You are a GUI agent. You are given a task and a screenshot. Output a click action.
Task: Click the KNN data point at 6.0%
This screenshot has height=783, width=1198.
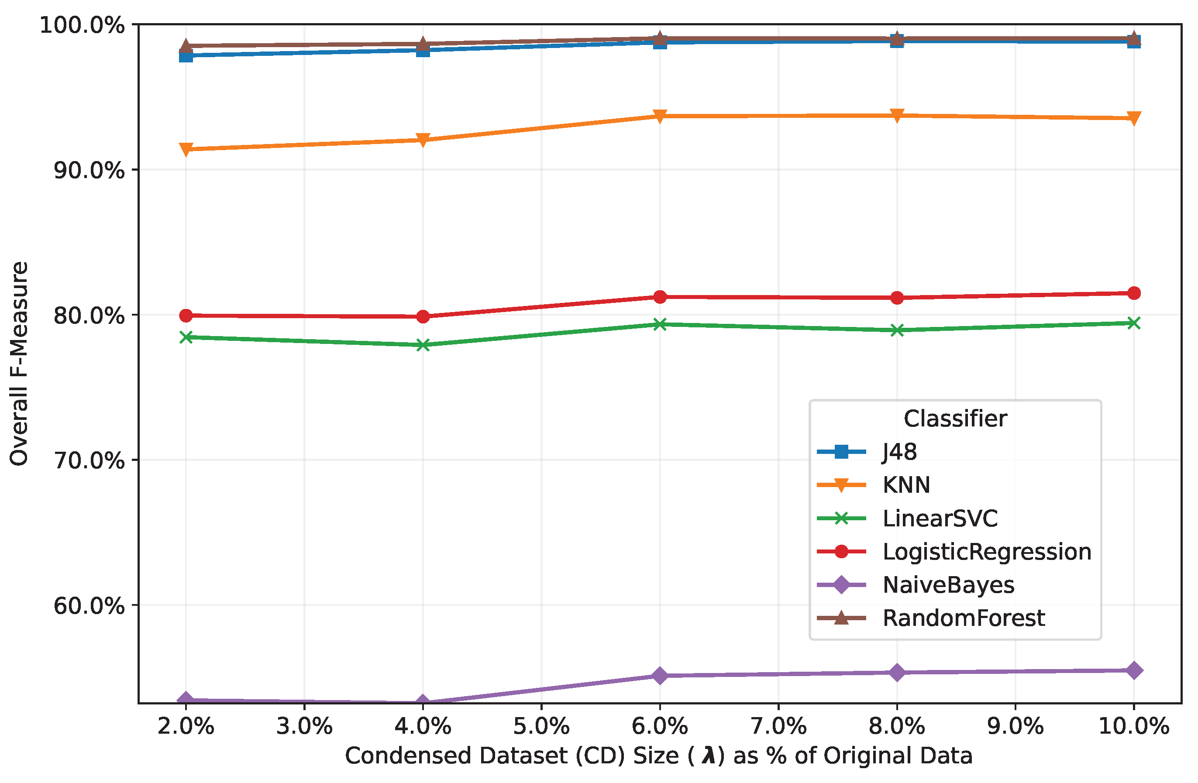[660, 116]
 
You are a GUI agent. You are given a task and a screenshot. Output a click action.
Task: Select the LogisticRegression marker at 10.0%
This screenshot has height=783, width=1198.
[1134, 293]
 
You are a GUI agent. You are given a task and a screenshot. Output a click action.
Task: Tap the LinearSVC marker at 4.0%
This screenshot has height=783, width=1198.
[423, 345]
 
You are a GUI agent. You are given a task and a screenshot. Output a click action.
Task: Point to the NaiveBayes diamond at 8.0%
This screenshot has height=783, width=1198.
[897, 672]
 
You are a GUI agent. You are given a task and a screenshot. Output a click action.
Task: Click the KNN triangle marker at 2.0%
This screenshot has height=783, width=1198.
[186, 149]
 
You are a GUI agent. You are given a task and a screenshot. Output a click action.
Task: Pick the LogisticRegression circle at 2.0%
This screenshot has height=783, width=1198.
[186, 316]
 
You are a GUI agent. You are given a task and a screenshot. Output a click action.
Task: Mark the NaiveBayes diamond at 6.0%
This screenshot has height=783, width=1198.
[660, 675]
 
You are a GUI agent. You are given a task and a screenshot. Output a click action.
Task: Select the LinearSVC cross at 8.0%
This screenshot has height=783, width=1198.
[897, 330]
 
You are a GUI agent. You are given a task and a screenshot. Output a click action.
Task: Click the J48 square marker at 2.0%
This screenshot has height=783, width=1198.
[186, 55]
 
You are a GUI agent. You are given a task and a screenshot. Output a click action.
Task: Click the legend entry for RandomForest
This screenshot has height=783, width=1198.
[964, 618]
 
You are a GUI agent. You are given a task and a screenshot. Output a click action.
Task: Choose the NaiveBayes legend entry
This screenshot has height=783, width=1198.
[948, 585]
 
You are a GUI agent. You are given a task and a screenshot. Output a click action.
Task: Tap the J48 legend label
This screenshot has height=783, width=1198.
[899, 452]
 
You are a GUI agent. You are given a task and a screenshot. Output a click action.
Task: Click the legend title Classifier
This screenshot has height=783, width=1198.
[955, 419]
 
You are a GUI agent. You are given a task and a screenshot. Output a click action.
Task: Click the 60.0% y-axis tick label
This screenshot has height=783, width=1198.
[89, 605]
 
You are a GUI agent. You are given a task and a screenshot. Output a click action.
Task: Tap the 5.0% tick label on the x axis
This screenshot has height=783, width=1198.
[542, 726]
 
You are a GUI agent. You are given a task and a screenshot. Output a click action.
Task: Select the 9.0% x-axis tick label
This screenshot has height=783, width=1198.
[1015, 726]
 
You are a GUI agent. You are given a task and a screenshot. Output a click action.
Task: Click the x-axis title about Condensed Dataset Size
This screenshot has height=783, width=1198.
[659, 756]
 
